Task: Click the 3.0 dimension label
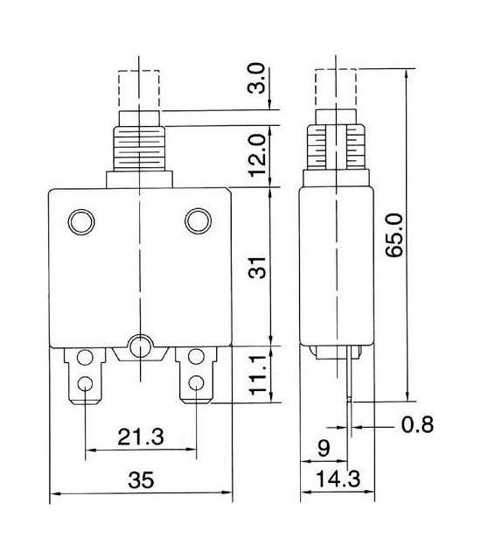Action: pos(257,79)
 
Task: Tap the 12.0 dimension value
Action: pos(257,156)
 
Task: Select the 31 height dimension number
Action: pos(257,268)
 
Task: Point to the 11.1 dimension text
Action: pos(258,374)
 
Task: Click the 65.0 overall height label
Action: pos(394,235)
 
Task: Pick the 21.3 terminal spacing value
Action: pos(141,437)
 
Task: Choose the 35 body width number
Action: pos(141,480)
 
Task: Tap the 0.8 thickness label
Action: pos(417,424)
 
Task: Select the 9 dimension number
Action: pos(324,448)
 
